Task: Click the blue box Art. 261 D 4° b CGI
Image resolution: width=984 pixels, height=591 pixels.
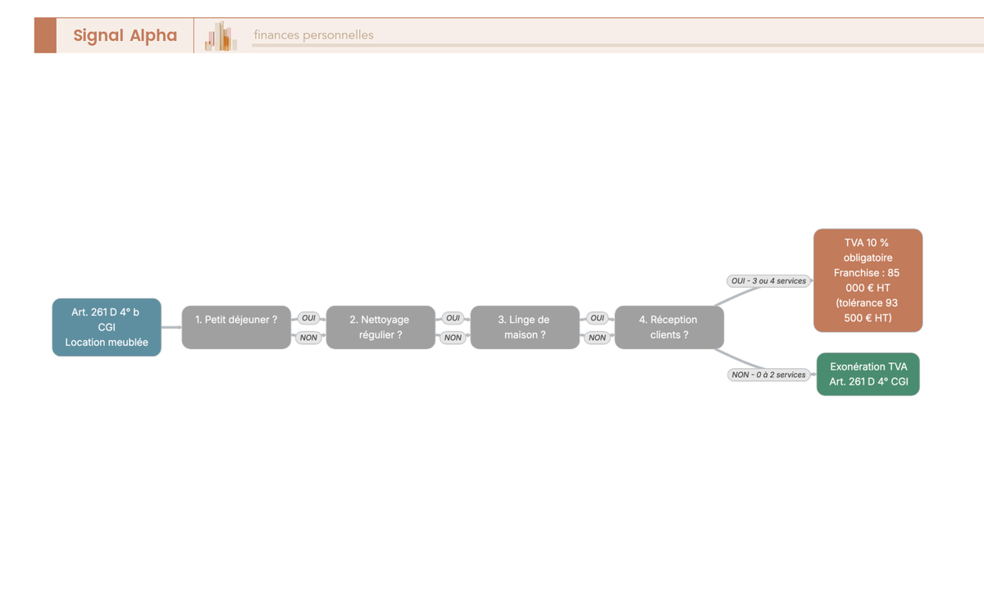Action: pyautogui.click(x=107, y=327)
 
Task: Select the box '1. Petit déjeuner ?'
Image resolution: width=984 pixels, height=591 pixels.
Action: pyautogui.click(x=236, y=327)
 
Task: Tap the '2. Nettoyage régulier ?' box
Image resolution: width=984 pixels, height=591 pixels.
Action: pyautogui.click(x=380, y=327)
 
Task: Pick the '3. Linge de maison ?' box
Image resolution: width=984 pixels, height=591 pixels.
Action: pyautogui.click(x=525, y=327)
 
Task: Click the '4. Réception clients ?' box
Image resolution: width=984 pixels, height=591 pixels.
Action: pyautogui.click(x=669, y=327)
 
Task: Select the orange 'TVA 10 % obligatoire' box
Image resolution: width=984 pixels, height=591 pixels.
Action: pyautogui.click(x=868, y=280)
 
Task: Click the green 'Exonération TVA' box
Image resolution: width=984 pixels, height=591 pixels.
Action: pyautogui.click(x=868, y=374)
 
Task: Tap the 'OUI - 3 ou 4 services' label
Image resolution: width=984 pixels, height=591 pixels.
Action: pyautogui.click(x=769, y=281)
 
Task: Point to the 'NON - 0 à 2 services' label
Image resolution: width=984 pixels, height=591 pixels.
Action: pyautogui.click(x=769, y=375)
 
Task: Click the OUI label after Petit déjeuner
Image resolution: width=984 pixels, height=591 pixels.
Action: pyautogui.click(x=308, y=318)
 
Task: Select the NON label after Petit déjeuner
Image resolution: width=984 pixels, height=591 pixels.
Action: pyautogui.click(x=308, y=338)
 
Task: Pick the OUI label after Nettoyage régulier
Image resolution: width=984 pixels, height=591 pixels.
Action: pyautogui.click(x=453, y=318)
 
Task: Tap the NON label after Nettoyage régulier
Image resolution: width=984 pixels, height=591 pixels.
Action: pyautogui.click(x=453, y=338)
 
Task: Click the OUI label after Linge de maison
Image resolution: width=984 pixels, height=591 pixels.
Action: pyautogui.click(x=598, y=318)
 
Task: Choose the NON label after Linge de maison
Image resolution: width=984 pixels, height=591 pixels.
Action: pyautogui.click(x=598, y=338)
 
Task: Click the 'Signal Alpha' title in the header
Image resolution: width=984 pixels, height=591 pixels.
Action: pyautogui.click(x=125, y=35)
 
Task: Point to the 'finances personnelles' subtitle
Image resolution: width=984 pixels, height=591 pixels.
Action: pyautogui.click(x=313, y=34)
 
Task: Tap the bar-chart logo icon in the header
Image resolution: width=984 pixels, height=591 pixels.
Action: pyautogui.click(x=221, y=36)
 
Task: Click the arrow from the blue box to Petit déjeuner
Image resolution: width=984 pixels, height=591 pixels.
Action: pyautogui.click(x=171, y=327)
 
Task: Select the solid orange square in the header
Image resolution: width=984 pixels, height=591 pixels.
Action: pyautogui.click(x=45, y=35)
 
